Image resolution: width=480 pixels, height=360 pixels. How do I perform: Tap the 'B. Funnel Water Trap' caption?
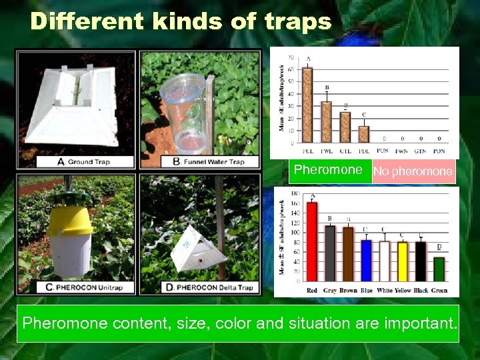click(208, 161)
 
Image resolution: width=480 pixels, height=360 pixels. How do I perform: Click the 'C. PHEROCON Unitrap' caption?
click(78, 287)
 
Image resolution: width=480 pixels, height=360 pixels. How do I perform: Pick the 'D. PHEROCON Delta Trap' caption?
click(209, 287)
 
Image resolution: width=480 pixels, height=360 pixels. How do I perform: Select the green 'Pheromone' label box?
click(328, 171)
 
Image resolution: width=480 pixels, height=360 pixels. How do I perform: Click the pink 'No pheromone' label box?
click(413, 171)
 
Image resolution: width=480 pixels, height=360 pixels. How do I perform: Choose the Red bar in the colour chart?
click(312, 240)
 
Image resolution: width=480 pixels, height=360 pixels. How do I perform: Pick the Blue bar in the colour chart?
click(365, 260)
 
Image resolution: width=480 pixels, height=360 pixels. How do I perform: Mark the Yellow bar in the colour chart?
click(402, 261)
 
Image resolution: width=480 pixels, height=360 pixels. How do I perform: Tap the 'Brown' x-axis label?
click(347, 291)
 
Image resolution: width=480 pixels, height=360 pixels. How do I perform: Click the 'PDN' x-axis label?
click(439, 151)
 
